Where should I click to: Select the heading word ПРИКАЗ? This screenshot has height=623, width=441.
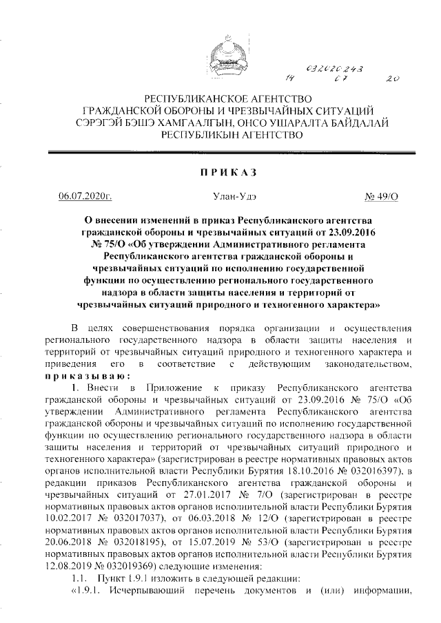point(221,171)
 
